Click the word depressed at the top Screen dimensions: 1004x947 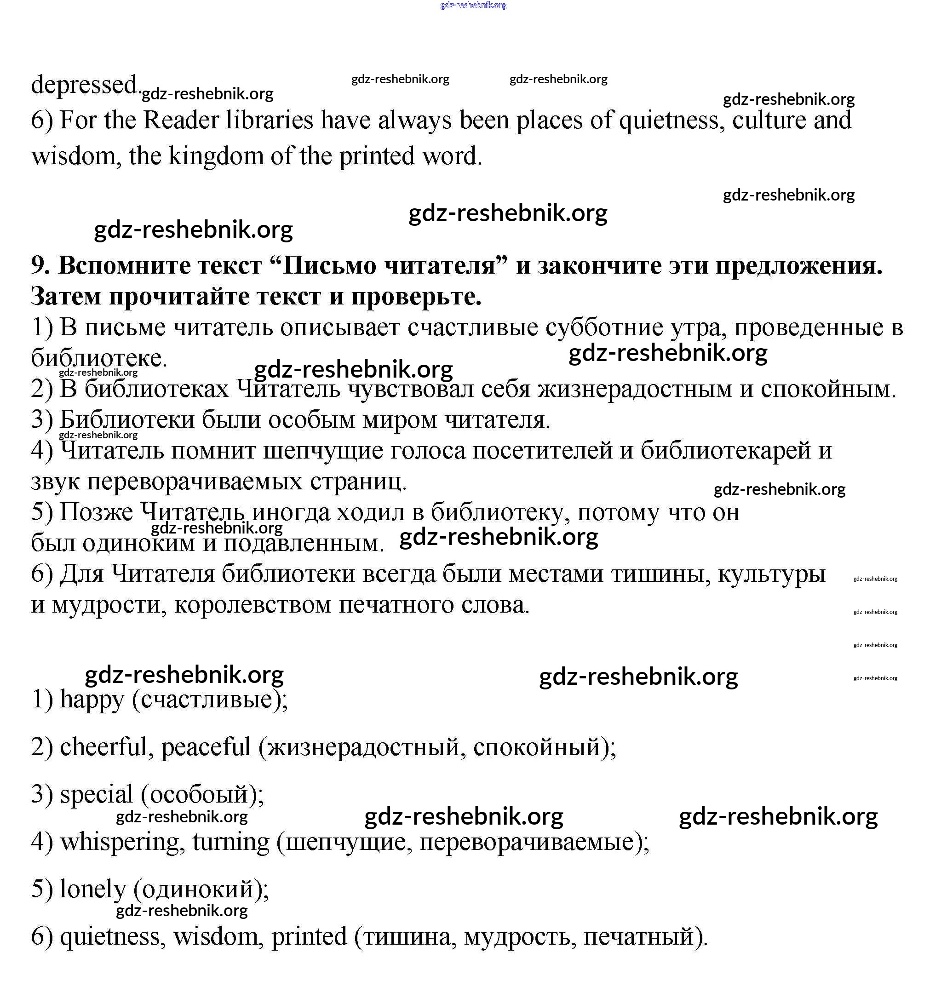(x=84, y=85)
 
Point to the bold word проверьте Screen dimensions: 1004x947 (x=416, y=297)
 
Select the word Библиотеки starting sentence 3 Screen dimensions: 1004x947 (x=127, y=420)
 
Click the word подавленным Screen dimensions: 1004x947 (x=304, y=544)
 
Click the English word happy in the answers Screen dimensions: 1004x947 (x=92, y=700)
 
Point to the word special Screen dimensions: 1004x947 (x=97, y=795)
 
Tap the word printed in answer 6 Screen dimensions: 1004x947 (x=309, y=937)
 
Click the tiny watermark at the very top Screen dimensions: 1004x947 (x=473, y=6)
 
